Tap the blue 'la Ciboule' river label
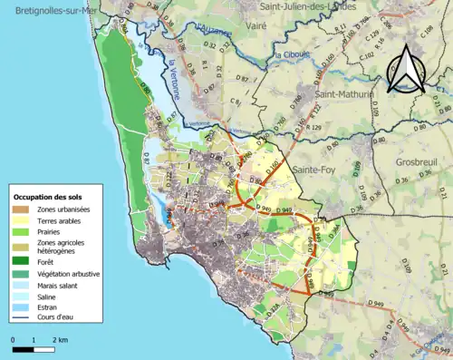[288, 55]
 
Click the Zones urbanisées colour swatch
[22, 209]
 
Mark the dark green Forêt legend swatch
[22, 262]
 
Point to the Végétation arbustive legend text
[69, 274]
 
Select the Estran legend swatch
[22, 307]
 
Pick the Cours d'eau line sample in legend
[22, 318]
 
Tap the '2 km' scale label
[61, 338]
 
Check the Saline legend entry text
[47, 297]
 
